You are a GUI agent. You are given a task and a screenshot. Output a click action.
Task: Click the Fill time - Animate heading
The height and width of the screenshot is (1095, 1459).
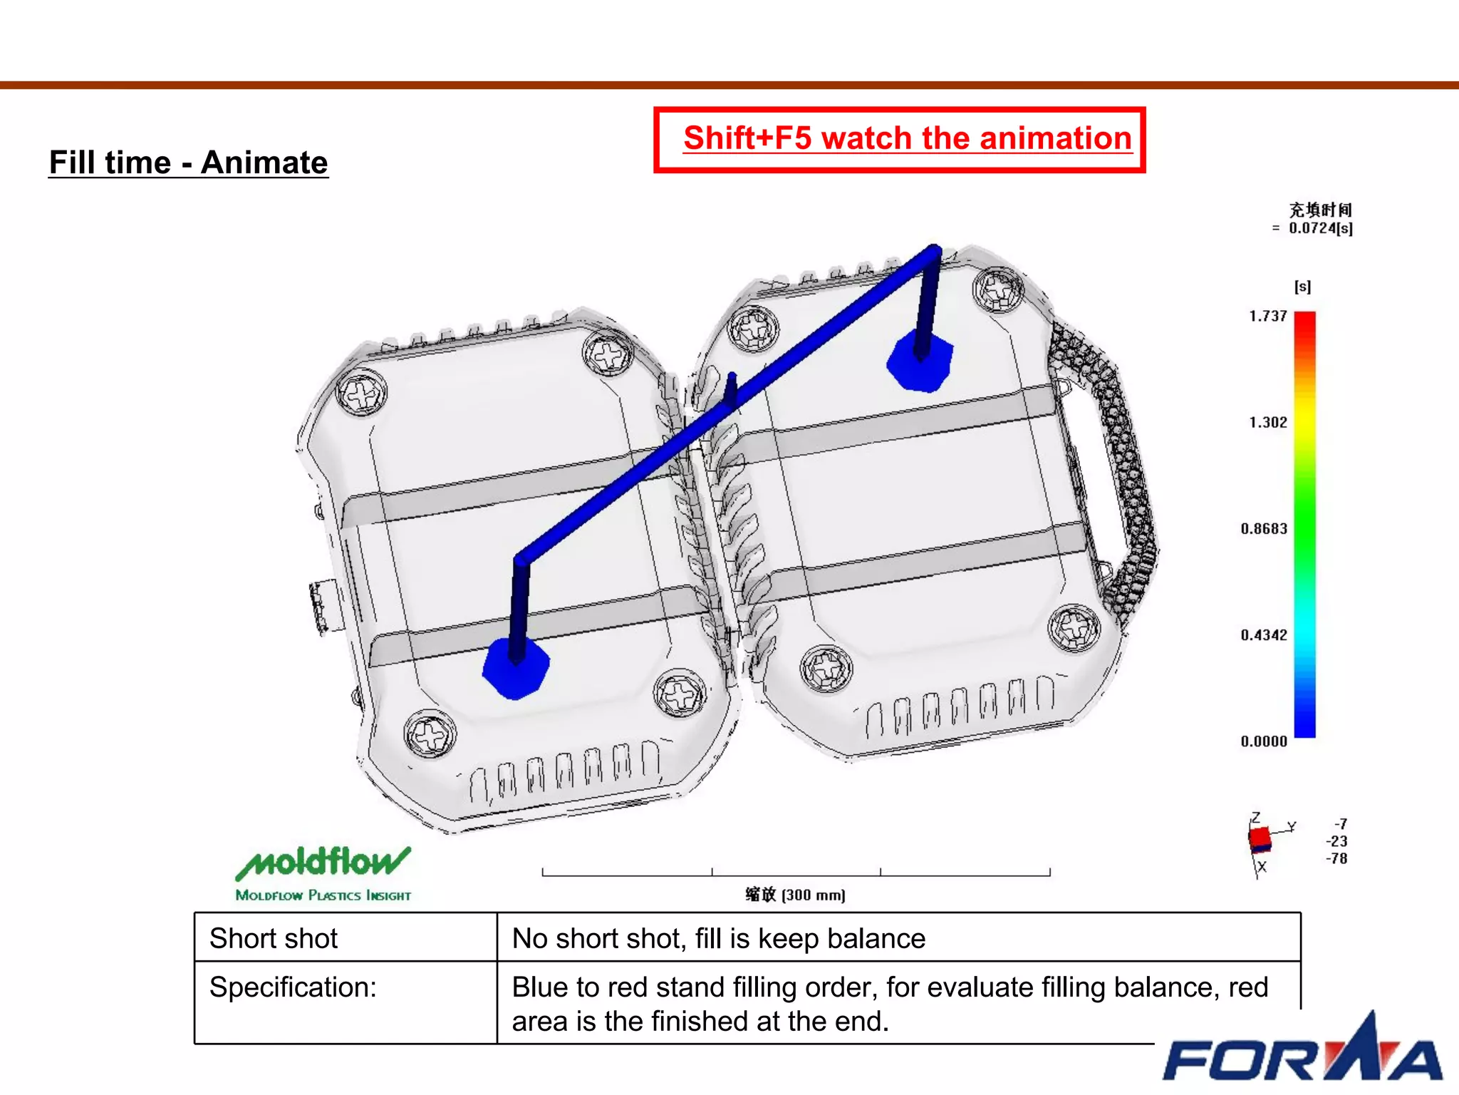coord(188,163)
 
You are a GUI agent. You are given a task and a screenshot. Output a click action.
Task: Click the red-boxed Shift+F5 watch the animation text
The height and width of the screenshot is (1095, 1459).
coord(906,138)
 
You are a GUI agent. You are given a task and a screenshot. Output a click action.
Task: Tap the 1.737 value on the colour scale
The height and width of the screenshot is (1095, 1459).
coord(1267,316)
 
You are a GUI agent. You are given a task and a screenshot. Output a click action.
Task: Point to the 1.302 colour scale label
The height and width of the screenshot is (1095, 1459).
coord(1267,422)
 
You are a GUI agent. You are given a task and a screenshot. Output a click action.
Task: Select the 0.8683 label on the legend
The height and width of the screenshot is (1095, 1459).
coord(1264,528)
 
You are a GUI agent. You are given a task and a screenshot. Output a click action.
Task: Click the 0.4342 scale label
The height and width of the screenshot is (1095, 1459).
coord(1264,634)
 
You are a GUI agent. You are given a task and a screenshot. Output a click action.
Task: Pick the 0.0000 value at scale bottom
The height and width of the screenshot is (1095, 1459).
coord(1264,741)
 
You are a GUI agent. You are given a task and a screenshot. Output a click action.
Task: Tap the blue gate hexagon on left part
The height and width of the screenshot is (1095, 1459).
coord(516,669)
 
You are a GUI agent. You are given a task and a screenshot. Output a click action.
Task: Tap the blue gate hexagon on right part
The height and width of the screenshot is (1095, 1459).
coord(920,362)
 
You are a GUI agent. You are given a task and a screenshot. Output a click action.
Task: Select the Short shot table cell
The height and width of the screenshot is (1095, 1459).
coord(274,938)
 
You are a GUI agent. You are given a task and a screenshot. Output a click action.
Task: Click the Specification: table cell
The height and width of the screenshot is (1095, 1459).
coord(293,987)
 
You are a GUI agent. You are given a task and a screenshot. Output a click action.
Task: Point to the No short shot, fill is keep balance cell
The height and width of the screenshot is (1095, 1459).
coord(718,938)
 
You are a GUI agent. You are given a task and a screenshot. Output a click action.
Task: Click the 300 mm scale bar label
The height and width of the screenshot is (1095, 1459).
coord(795,895)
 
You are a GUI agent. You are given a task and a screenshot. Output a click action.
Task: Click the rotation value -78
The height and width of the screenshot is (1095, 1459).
coord(1336,858)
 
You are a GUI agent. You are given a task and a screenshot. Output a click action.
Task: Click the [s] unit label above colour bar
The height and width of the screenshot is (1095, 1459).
coord(1302,287)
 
